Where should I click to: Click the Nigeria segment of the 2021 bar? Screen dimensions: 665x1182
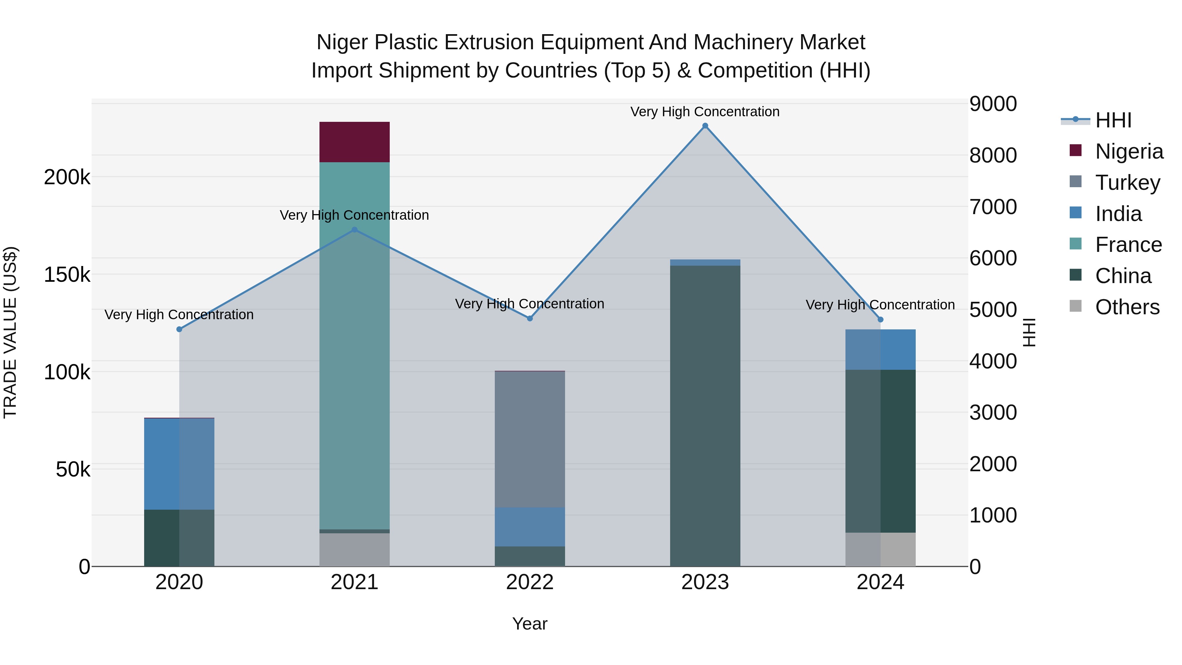pyautogui.click(x=354, y=142)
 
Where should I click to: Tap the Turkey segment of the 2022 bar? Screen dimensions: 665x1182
pyautogui.click(x=530, y=439)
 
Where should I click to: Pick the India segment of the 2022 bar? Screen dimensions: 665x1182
pyautogui.click(x=530, y=526)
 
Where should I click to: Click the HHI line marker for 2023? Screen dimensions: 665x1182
pyautogui.click(x=705, y=126)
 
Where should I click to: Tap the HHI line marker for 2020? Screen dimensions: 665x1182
pyautogui.click(x=179, y=329)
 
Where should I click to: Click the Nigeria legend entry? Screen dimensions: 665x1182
pyautogui.click(x=1129, y=151)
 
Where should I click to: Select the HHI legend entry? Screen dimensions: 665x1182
pyautogui.click(x=1113, y=120)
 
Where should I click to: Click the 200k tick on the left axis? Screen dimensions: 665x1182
pyautogui.click(x=67, y=177)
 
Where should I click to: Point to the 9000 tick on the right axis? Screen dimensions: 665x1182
pyautogui.click(x=993, y=104)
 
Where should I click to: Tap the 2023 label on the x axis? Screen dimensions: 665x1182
pyautogui.click(x=705, y=582)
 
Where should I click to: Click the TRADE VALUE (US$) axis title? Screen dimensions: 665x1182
pyautogui.click(x=10, y=332)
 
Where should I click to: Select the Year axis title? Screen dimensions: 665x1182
pyautogui.click(x=530, y=624)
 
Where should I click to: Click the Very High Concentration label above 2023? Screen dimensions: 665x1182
pyautogui.click(x=705, y=112)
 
